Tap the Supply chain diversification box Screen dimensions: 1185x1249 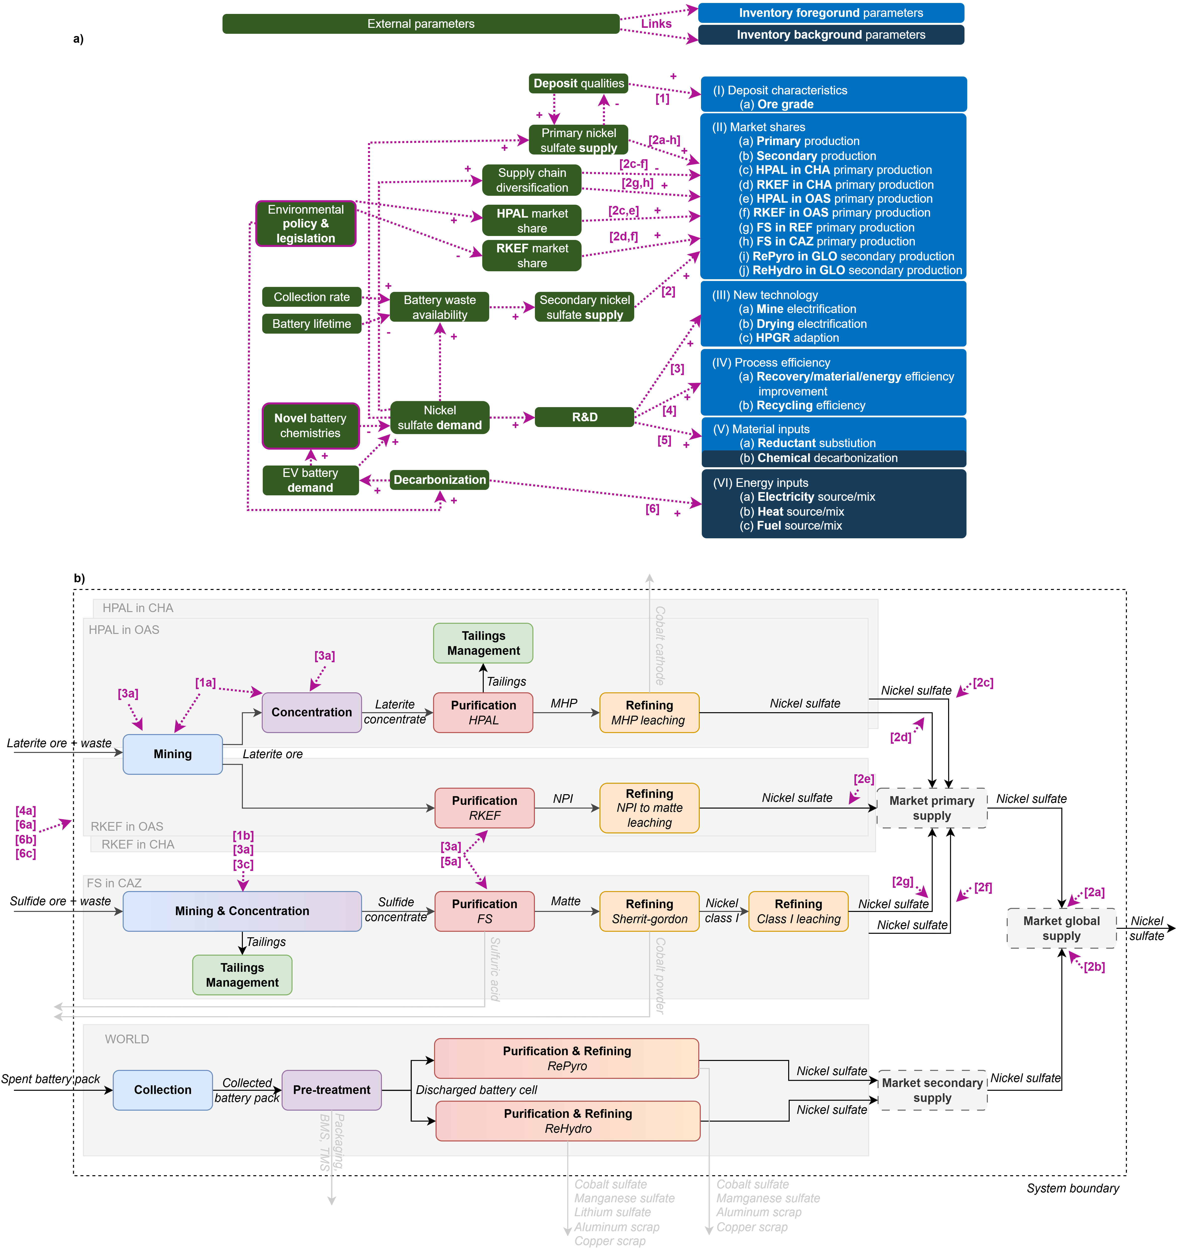[x=532, y=180]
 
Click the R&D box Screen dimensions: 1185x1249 [x=584, y=417]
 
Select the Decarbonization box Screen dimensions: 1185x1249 [x=440, y=479]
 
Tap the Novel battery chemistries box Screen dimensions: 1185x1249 [x=310, y=426]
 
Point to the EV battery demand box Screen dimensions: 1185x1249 [x=310, y=480]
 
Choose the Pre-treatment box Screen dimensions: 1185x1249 [x=332, y=1090]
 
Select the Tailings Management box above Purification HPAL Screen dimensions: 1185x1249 [x=483, y=643]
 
